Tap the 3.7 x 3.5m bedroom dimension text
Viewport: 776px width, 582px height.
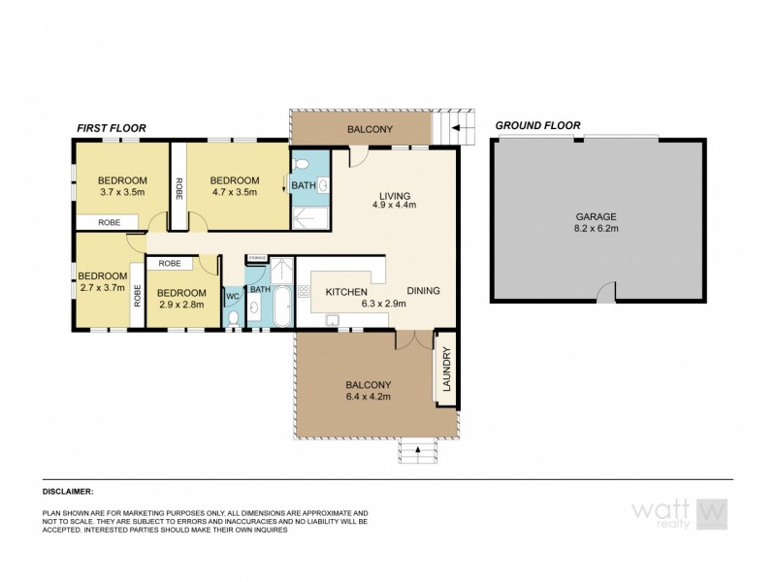(x=121, y=193)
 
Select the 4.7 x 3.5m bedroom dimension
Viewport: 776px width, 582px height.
(x=235, y=193)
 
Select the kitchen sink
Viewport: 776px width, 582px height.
(x=333, y=319)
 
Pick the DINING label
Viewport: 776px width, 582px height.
(x=423, y=290)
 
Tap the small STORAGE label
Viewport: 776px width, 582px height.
(x=257, y=257)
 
